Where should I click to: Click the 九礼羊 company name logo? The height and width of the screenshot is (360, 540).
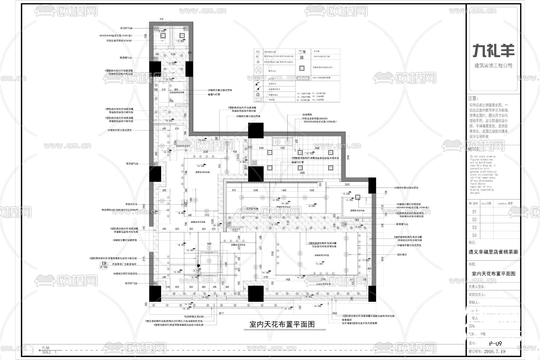pyautogui.click(x=493, y=51)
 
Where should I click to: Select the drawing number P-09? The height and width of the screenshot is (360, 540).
pyautogui.click(x=495, y=344)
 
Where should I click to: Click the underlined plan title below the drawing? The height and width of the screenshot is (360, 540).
pyautogui.click(x=282, y=324)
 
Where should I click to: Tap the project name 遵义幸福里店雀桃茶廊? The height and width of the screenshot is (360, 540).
pyautogui.click(x=493, y=252)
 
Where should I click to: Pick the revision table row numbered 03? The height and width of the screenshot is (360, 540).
pyautogui.click(x=474, y=227)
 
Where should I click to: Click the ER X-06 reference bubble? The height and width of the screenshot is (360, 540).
pyautogui.click(x=103, y=264)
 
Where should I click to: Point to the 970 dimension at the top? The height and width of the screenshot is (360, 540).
pyautogui.click(x=161, y=19)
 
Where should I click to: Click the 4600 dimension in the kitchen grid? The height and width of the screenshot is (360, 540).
pyautogui.click(x=302, y=173)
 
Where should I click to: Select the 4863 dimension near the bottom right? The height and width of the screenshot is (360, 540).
pyautogui.click(x=335, y=313)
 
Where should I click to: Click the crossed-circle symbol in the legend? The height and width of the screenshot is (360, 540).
pyautogui.click(x=257, y=94)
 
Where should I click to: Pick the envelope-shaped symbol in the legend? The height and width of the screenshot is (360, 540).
pyautogui.click(x=258, y=100)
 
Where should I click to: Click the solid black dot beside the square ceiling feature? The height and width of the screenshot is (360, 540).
pyautogui.click(x=198, y=266)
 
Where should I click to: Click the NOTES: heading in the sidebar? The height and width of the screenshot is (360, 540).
pyautogui.click(x=474, y=149)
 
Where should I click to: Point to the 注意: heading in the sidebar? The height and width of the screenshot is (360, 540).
pyautogui.click(x=473, y=98)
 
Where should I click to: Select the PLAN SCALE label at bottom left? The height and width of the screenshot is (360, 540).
pyautogui.click(x=46, y=350)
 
